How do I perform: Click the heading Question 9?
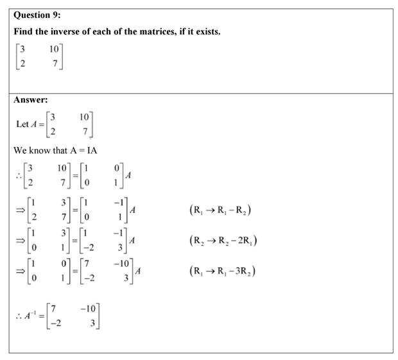[x=40, y=18]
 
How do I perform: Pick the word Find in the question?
[x=23, y=32]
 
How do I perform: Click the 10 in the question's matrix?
[x=54, y=49]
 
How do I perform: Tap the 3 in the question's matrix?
[x=22, y=49]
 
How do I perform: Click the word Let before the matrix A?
[x=22, y=124]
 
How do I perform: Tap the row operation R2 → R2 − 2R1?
[x=223, y=241]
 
